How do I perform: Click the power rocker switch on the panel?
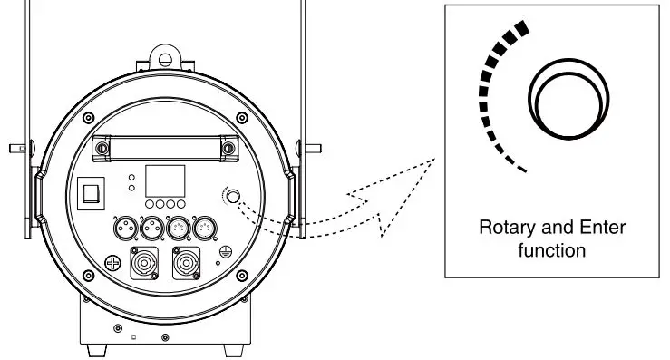[x=92, y=191]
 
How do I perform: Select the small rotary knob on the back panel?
[x=234, y=196]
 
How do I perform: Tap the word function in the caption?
[x=552, y=249]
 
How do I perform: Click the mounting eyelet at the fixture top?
[x=164, y=59]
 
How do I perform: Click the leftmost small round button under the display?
[x=150, y=206]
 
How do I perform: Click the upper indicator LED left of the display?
[x=132, y=176]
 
